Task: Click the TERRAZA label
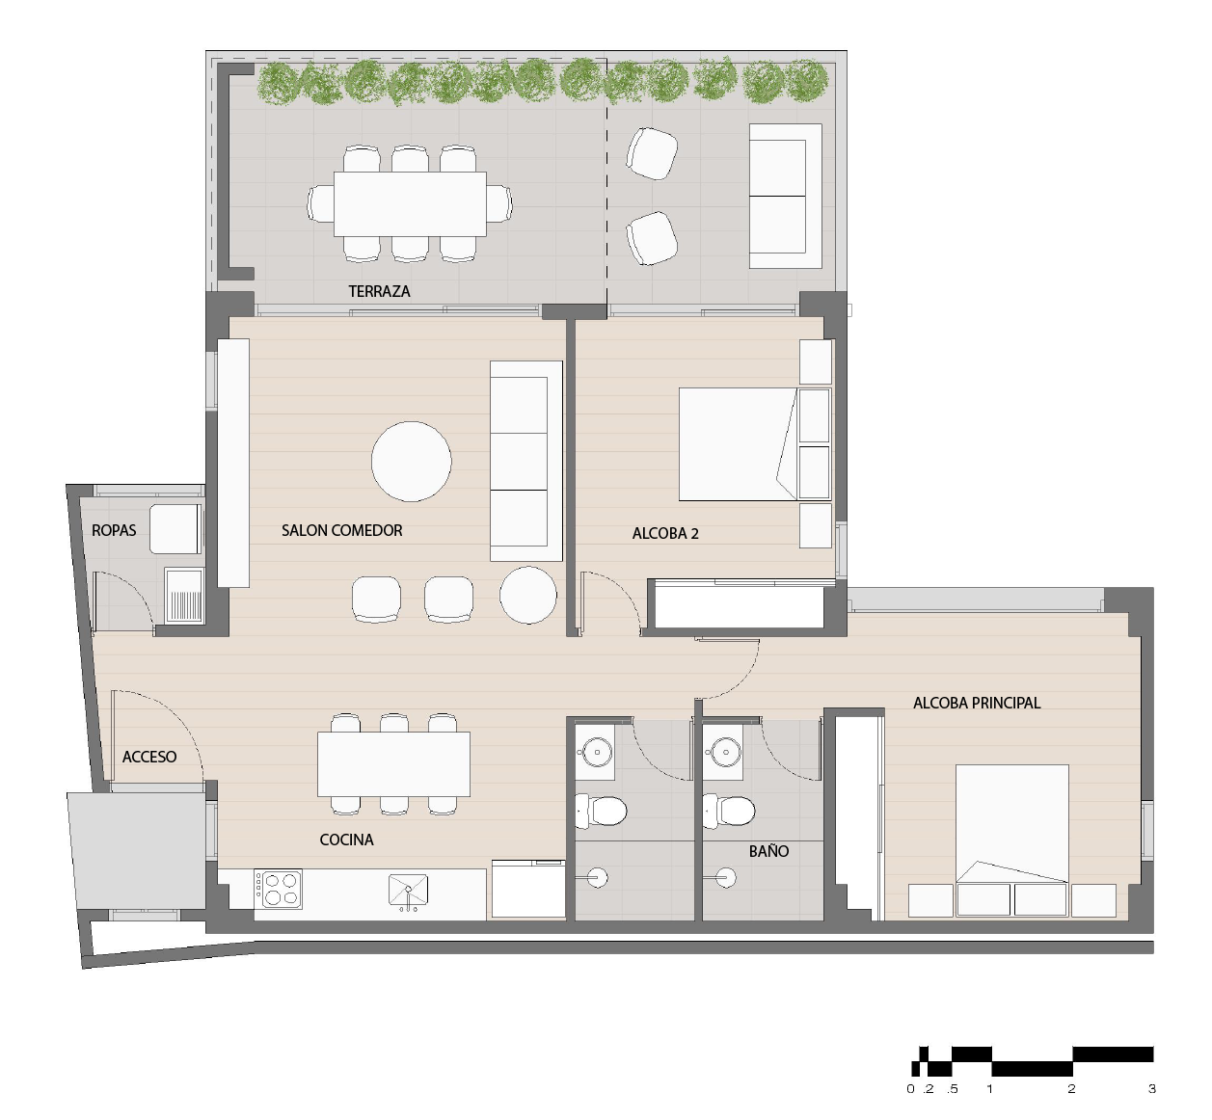pyautogui.click(x=379, y=292)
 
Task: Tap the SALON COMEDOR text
pyautogui.click(x=341, y=530)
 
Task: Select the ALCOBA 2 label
pyautogui.click(x=665, y=533)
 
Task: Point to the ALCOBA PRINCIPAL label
pyautogui.click(x=977, y=703)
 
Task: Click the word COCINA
pyautogui.click(x=347, y=840)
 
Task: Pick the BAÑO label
pyautogui.click(x=768, y=851)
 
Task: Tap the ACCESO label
pyautogui.click(x=149, y=757)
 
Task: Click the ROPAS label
pyautogui.click(x=114, y=530)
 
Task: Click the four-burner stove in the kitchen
pyautogui.click(x=279, y=890)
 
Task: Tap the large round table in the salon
pyautogui.click(x=412, y=462)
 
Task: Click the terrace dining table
pyautogui.click(x=410, y=204)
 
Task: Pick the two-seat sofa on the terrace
pyautogui.click(x=786, y=196)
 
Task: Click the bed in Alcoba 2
pyautogui.click(x=738, y=444)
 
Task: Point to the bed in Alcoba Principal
pyautogui.click(x=1011, y=823)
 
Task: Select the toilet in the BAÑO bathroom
pyautogui.click(x=729, y=812)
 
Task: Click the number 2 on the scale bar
pyautogui.click(x=1071, y=1088)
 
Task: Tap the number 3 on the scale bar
pyautogui.click(x=1151, y=1088)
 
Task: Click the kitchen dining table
pyautogui.click(x=393, y=764)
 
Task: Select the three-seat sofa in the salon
pyautogui.click(x=526, y=461)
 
